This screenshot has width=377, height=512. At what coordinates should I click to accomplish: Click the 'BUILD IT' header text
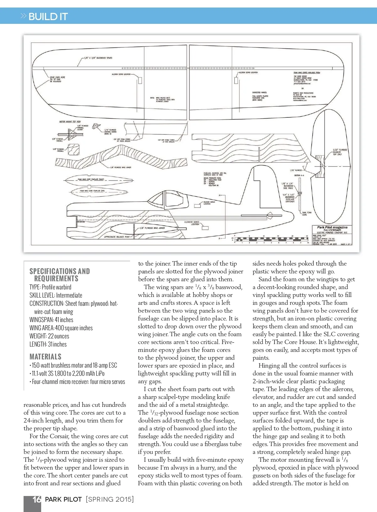48,17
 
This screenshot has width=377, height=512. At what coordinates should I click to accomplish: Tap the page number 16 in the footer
37,499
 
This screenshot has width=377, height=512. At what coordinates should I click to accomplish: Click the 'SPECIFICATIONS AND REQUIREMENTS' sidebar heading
59,275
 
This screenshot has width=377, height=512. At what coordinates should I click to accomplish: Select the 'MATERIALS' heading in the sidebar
45,357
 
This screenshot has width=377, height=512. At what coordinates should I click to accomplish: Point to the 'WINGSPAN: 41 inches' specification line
51,320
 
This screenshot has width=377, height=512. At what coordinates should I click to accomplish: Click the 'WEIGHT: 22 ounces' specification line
49,336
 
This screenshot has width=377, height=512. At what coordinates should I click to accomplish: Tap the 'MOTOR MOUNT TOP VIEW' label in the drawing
70,122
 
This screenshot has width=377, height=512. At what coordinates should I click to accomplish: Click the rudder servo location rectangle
198,206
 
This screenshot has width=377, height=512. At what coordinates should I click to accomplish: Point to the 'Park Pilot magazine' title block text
332,227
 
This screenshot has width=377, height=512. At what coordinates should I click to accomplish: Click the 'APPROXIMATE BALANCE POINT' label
117,237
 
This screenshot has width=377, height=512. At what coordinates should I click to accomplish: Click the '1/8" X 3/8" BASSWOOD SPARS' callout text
98,58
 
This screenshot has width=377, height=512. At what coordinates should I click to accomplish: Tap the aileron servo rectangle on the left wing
140,80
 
